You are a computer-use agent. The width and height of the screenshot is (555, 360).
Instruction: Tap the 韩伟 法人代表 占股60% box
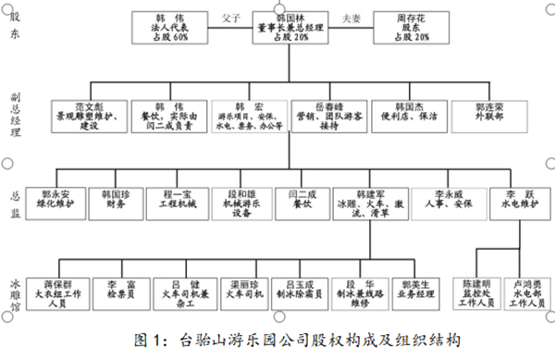(168, 27)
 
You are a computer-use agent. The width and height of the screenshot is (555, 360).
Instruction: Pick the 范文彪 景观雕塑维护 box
(88, 115)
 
